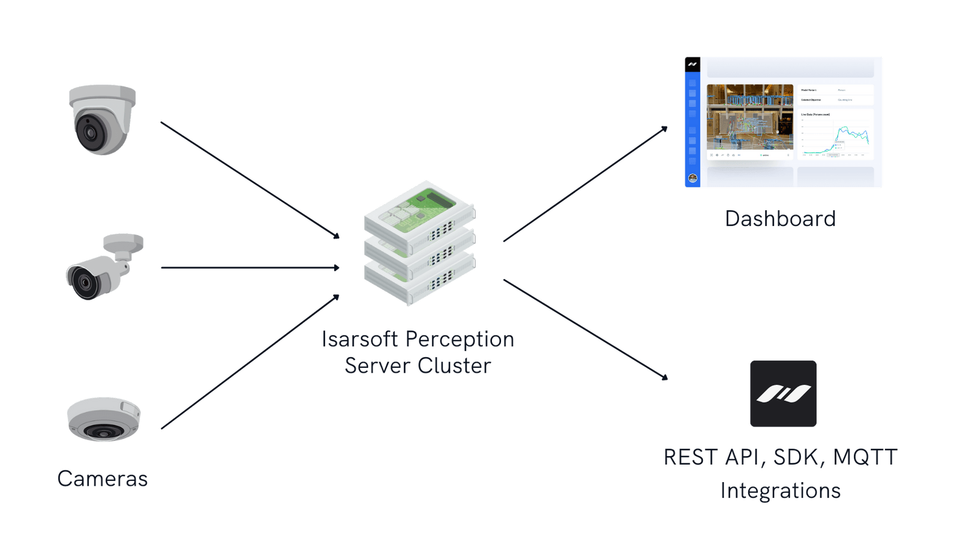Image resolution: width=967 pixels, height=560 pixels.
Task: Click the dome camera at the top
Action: click(102, 119)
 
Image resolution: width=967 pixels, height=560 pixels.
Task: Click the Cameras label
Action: click(102, 479)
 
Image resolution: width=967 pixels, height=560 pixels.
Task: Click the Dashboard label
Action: click(780, 218)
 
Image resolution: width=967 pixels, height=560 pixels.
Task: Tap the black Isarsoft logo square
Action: click(783, 394)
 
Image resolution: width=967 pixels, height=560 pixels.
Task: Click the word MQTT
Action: click(865, 457)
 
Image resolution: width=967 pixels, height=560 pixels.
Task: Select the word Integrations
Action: click(781, 491)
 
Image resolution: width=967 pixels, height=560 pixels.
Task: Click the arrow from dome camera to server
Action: click(250, 180)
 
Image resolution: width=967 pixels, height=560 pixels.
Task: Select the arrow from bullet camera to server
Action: click(250, 267)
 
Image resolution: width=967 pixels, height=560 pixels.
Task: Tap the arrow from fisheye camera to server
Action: click(250, 362)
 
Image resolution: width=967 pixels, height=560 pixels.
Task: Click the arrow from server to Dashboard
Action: click(585, 184)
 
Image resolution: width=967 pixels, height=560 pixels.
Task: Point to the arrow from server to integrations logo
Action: click(585, 329)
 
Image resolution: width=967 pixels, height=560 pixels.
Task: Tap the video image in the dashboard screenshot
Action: click(749, 117)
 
